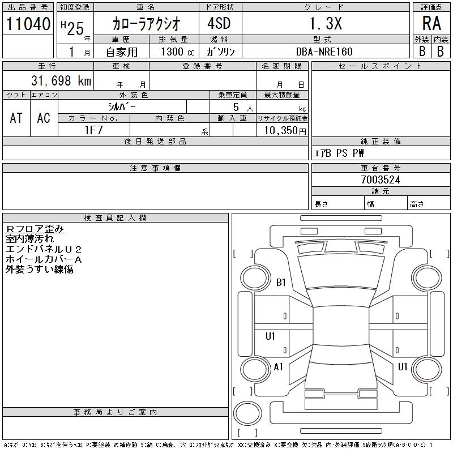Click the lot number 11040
[x=28, y=24]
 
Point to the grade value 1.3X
[x=324, y=24]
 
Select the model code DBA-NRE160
[x=324, y=52]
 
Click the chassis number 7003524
[x=381, y=180]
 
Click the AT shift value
[x=16, y=117]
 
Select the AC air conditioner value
[x=44, y=117]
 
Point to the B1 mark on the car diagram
[x=281, y=283]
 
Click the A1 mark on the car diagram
[x=278, y=366]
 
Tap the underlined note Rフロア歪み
[x=35, y=229]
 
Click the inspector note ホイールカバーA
[x=44, y=259]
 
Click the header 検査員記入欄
[x=115, y=217]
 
